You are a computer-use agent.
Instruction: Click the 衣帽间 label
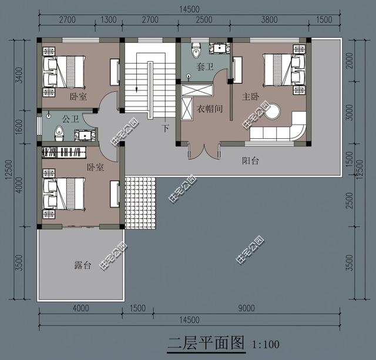(209, 108)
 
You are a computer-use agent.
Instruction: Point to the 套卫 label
(203, 68)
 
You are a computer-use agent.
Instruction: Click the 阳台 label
(251, 161)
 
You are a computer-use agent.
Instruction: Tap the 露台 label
(83, 266)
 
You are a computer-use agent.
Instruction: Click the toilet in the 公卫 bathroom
(59, 132)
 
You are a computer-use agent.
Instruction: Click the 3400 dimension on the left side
(19, 75)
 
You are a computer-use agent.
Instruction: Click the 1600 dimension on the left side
(19, 126)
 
